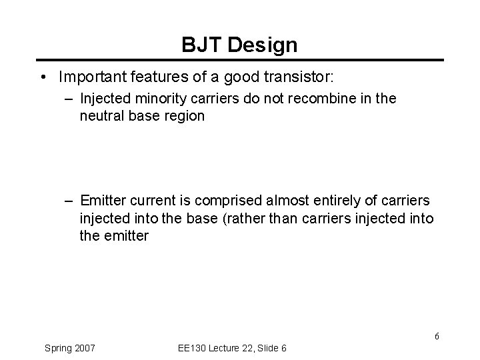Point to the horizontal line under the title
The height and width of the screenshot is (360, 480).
(x=240, y=61)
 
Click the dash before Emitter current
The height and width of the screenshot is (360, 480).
(x=69, y=201)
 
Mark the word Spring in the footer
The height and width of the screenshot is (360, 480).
(x=59, y=348)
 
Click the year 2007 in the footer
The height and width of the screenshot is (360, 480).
(x=84, y=348)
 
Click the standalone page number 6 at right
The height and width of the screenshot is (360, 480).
(x=437, y=336)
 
